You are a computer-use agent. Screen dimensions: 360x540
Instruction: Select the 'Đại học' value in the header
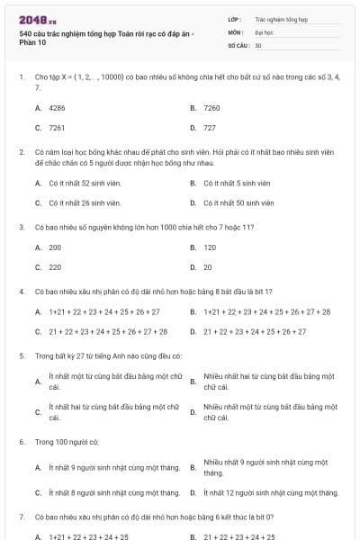pyautogui.click(x=264, y=31)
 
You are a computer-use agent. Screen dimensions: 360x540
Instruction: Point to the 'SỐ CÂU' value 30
pyautogui.click(x=258, y=44)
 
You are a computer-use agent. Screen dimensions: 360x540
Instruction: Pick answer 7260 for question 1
pyautogui.click(x=211, y=107)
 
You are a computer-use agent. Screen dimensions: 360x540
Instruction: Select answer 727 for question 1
pyautogui.click(x=209, y=128)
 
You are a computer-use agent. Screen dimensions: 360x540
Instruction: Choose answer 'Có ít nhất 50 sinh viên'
pyautogui.click(x=238, y=203)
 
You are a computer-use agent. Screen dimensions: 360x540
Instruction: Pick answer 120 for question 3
pyautogui.click(x=210, y=247)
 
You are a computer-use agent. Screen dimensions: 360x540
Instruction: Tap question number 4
pyautogui.click(x=21, y=292)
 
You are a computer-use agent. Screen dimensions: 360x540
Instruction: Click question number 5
pyautogui.click(x=21, y=356)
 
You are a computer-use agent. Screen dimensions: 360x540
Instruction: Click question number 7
pyautogui.click(x=21, y=517)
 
